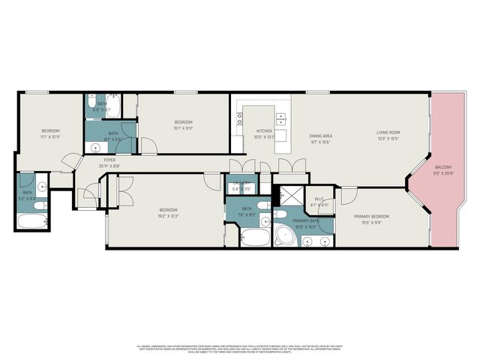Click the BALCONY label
[443, 166]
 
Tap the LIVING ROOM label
[388, 133]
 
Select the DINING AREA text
[321, 133]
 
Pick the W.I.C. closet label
[319, 199]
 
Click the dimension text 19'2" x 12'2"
[168, 216]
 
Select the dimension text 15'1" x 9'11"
[184, 128]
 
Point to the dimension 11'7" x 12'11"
[50, 137]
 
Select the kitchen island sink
[280, 118]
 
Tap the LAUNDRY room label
[241, 184]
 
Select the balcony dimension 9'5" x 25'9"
[443, 172]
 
